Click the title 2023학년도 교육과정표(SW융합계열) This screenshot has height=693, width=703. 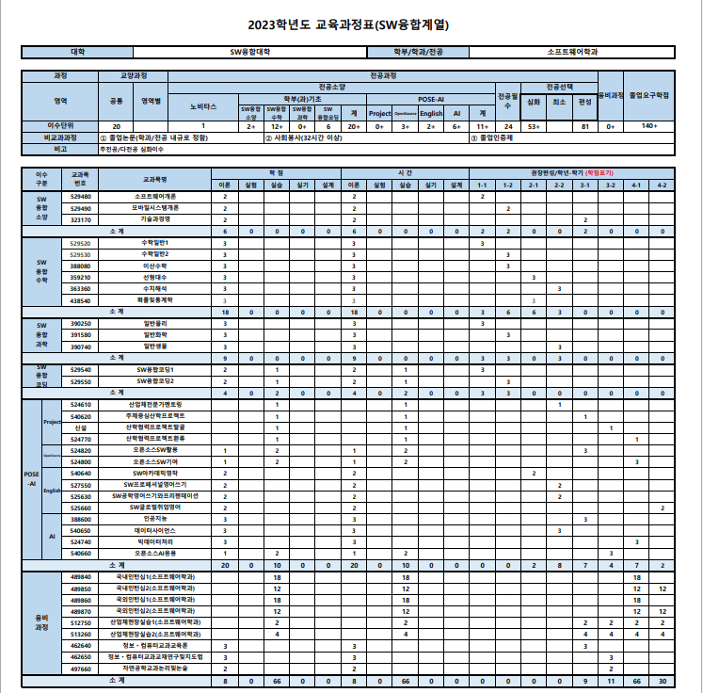coord(350,25)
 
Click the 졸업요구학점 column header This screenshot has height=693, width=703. coord(650,95)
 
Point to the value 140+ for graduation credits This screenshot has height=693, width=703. coord(650,125)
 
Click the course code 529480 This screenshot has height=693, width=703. coord(81,196)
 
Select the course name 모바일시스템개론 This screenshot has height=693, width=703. coord(154,207)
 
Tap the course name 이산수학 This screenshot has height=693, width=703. coord(154,266)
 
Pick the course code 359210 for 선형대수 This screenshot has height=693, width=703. coord(81,278)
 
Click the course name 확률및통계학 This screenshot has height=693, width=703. coord(154,299)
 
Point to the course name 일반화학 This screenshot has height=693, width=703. coord(154,334)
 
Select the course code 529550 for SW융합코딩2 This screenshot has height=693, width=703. coord(81,381)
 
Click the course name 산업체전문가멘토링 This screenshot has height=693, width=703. coord(154,404)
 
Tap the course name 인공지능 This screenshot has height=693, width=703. coord(154,519)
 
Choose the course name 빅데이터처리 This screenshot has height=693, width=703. coord(154,541)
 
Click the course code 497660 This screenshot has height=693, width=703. coord(81,668)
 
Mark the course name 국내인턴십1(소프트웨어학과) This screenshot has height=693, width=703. coord(154,576)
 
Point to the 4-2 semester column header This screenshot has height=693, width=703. coord(663,185)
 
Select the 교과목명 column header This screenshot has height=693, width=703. coord(154,179)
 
